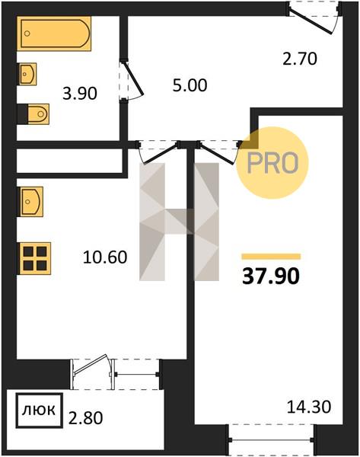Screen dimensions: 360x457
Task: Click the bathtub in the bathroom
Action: coord(54,34)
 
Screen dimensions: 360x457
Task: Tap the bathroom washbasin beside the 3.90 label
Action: coord(28,74)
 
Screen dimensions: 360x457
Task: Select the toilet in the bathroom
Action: coord(38,113)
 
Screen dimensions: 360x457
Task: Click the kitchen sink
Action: coord(30,201)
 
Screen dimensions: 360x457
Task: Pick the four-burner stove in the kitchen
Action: coord(34,258)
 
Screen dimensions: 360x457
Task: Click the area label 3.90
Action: coord(80,94)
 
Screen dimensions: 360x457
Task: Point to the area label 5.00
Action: coord(190,85)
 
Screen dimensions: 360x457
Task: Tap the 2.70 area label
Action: coord(300,59)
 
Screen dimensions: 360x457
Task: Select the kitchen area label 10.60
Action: coord(105,257)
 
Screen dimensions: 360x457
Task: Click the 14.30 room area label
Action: coord(309,407)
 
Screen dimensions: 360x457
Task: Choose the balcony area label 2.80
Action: coord(86,418)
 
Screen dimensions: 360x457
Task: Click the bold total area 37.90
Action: coord(271,276)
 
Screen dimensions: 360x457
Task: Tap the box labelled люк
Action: coord(39,411)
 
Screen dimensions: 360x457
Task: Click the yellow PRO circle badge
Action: coord(272,163)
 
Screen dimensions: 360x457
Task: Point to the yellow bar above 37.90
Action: coord(271,257)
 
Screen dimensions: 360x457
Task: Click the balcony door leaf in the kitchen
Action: coord(91,364)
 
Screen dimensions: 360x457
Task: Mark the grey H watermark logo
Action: coord(179,222)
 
